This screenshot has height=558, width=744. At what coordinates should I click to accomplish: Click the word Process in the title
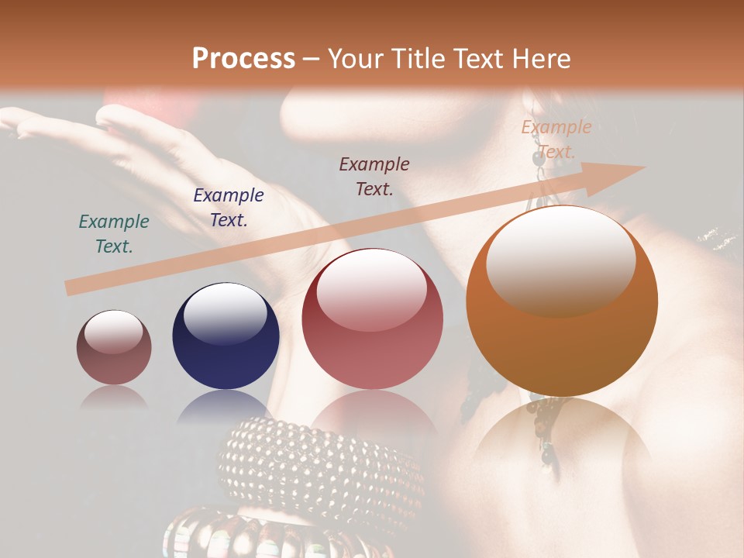243,59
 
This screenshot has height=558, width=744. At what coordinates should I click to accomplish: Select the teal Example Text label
114,234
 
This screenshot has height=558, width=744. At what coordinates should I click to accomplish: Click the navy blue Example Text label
229,208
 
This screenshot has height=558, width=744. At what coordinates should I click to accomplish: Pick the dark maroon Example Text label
374,176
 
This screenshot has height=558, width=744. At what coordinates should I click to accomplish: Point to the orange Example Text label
556,139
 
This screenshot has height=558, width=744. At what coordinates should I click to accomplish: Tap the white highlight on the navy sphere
225,312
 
